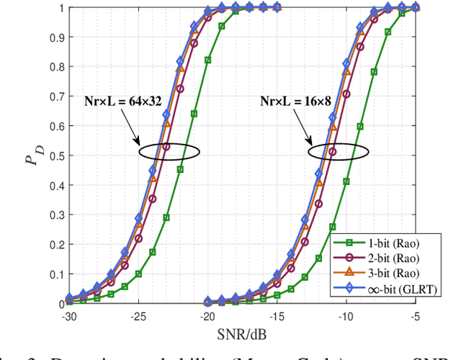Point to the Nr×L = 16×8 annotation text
295,102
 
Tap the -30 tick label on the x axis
68,316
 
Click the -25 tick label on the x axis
139,316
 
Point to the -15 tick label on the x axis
277,316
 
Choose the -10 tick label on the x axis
346,316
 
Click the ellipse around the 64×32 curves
168,152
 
